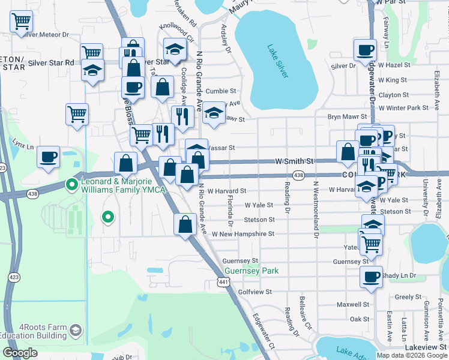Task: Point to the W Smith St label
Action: [x=295, y=161]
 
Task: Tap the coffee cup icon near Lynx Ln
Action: [x=49, y=157]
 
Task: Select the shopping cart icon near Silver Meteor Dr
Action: [x=22, y=22]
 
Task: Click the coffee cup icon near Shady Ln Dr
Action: [x=371, y=277]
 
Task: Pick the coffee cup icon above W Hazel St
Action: [x=365, y=50]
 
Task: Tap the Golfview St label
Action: [x=255, y=292]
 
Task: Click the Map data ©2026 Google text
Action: [x=411, y=355]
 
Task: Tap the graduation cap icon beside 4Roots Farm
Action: [x=76, y=331]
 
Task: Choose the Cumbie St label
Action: [x=220, y=91]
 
